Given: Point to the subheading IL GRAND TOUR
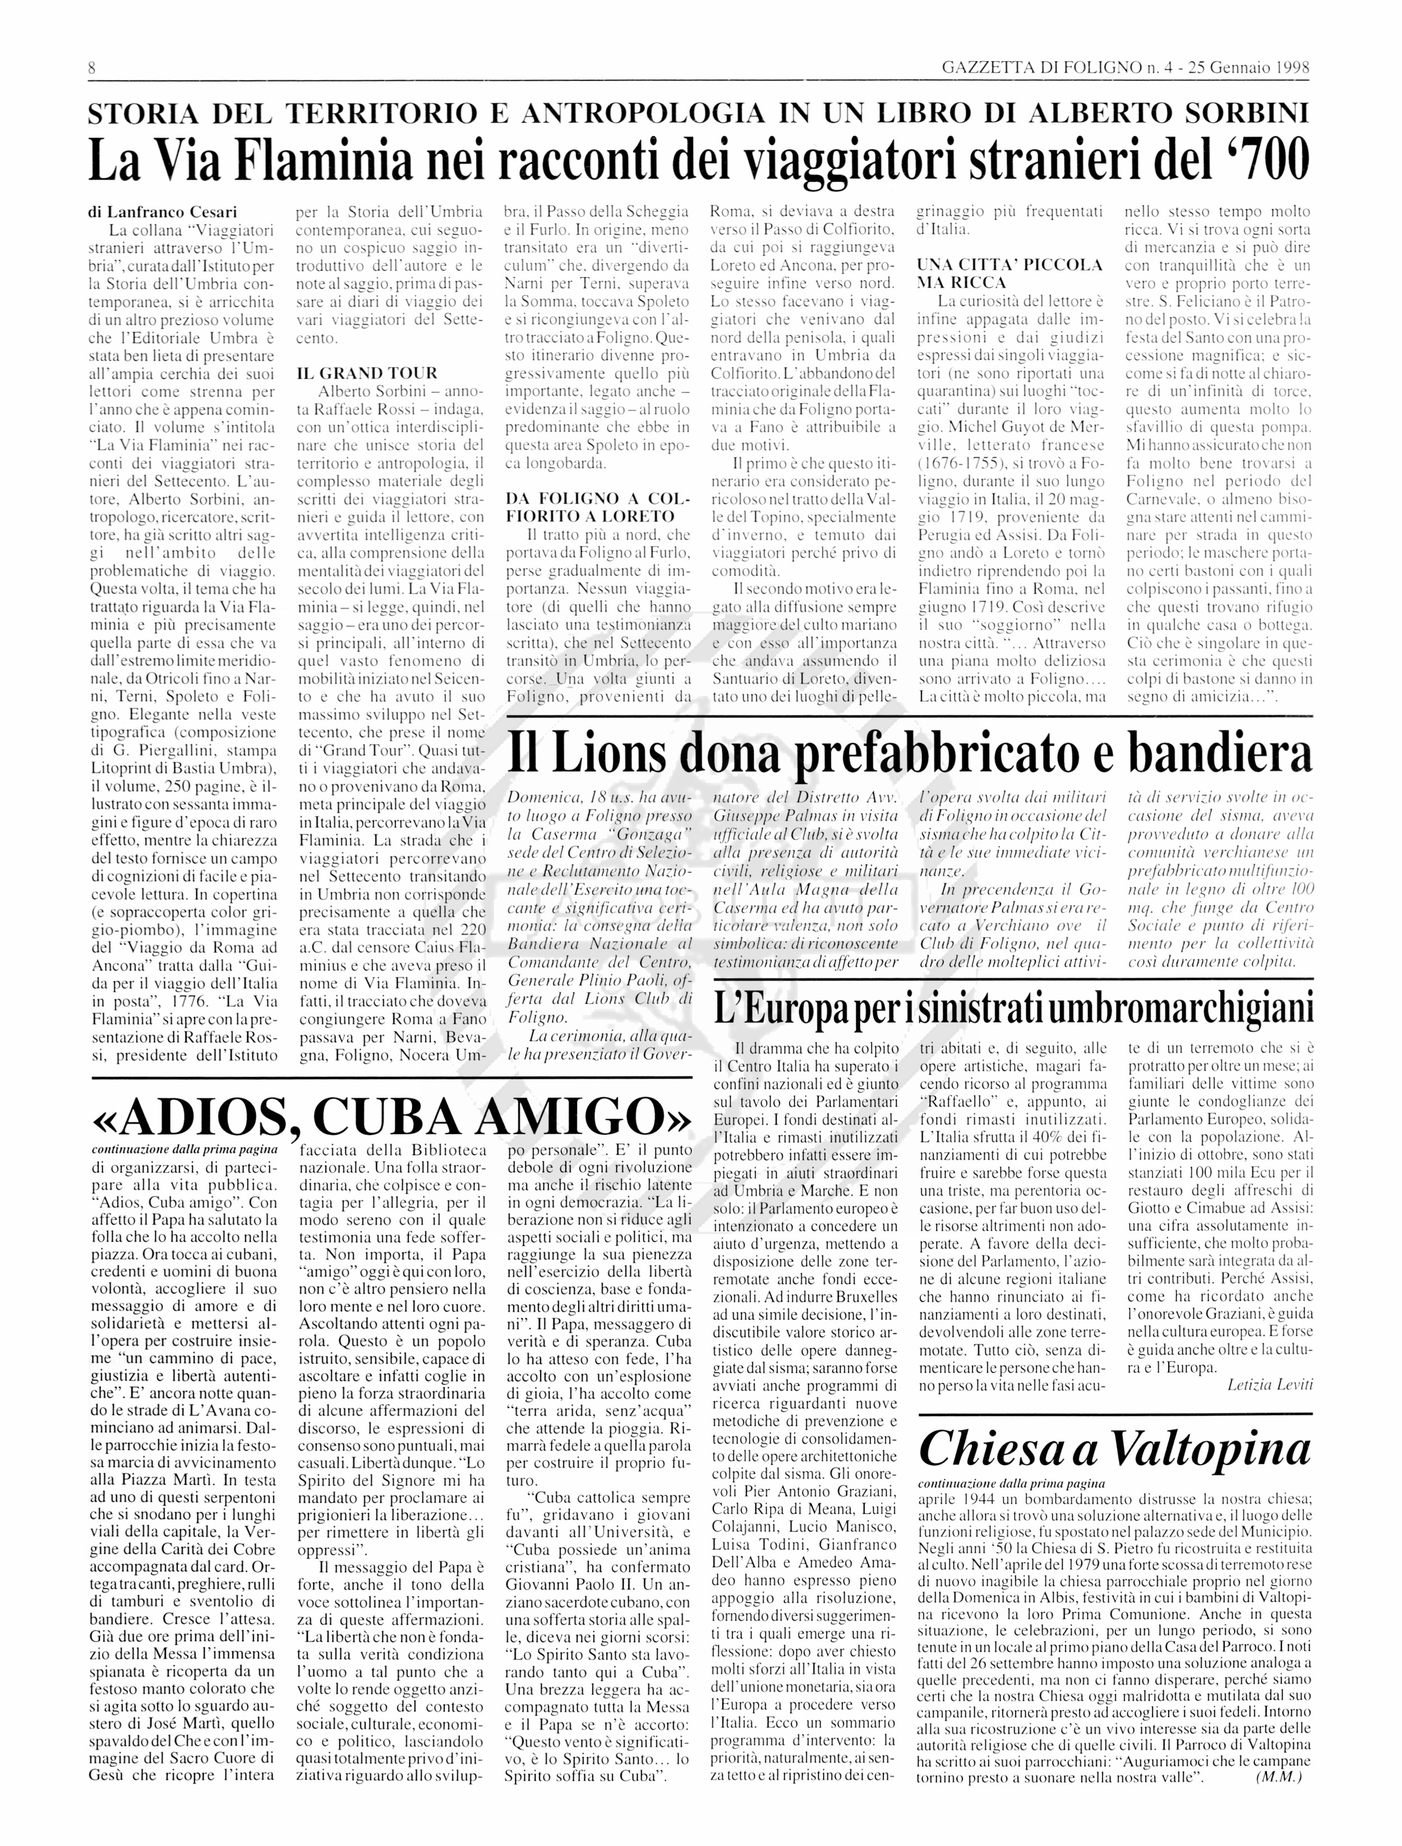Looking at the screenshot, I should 367,373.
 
